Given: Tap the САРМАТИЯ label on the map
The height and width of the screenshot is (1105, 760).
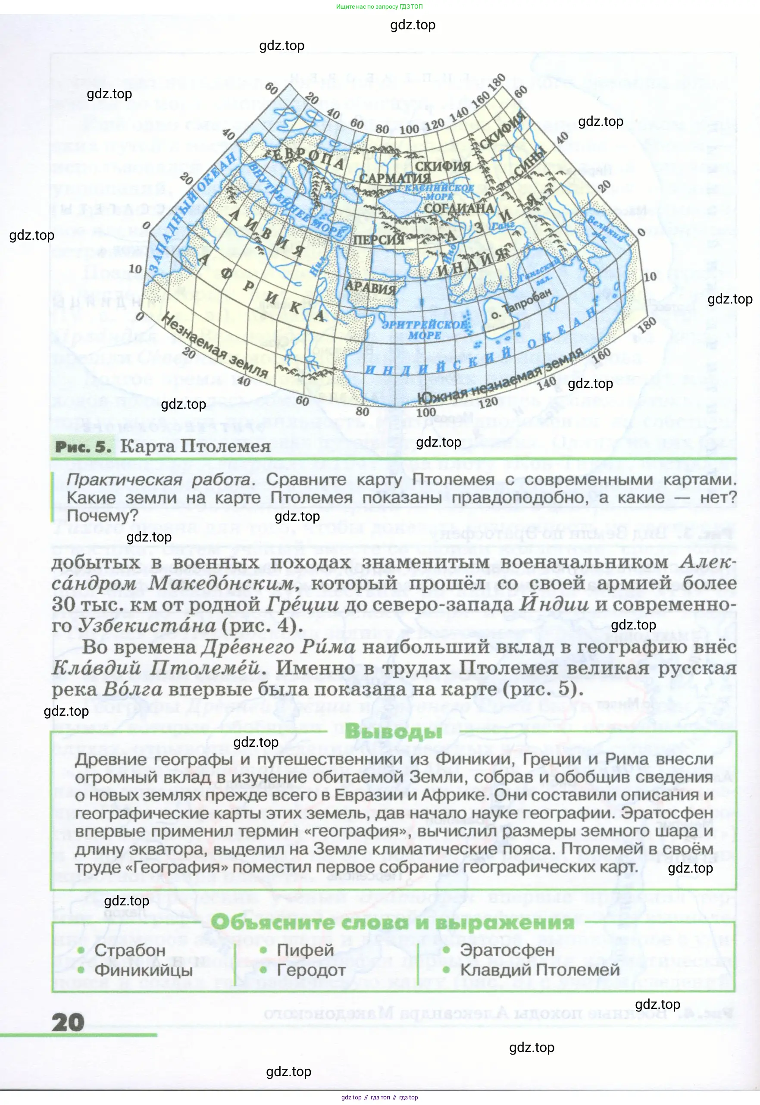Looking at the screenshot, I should pos(394,178).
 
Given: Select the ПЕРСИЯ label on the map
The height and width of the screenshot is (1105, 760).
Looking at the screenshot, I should pos(378,238).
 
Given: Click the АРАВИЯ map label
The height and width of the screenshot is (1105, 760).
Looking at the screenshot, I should pos(370,287).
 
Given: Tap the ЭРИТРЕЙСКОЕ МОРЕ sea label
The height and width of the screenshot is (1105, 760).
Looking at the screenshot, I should pos(424,329).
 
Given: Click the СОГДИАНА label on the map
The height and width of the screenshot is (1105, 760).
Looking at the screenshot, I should pos(459,208).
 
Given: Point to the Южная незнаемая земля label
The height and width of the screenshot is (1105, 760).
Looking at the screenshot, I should pos(500,376).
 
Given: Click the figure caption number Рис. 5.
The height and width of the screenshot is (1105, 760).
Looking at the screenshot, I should pos(83,447).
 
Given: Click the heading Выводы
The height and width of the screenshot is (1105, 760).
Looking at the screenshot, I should pos(393,731).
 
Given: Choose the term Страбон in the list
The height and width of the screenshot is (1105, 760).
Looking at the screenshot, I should pos(129,950).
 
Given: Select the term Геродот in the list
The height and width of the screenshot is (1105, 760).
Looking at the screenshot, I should pos(311,970).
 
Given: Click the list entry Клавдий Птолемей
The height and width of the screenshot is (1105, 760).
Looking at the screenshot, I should pos(540,970).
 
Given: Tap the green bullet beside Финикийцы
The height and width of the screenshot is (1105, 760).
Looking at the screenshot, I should pos(81,970).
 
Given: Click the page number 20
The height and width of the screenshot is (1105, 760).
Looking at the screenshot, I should pos(68,1022).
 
